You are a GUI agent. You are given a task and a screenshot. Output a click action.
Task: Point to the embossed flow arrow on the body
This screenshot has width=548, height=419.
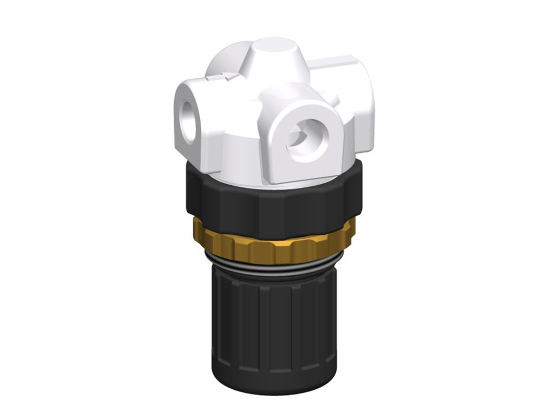[222, 78]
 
